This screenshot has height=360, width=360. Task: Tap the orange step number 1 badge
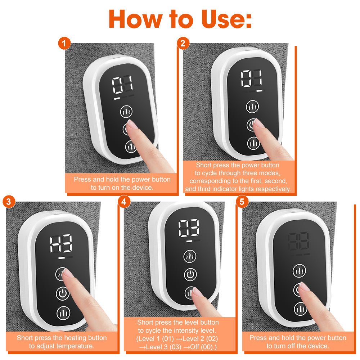(64, 44)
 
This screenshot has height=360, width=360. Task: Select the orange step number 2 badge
(183, 44)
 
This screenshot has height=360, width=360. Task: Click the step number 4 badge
(124, 202)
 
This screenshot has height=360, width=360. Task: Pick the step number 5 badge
(242, 202)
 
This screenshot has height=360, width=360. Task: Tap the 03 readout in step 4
(189, 228)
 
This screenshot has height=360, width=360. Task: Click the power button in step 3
(62, 294)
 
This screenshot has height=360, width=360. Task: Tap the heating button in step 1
(126, 112)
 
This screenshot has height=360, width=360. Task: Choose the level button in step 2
(253, 143)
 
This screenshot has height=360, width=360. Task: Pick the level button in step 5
(300, 308)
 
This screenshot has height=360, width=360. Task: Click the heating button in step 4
(190, 257)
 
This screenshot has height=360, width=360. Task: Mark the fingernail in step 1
(131, 124)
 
